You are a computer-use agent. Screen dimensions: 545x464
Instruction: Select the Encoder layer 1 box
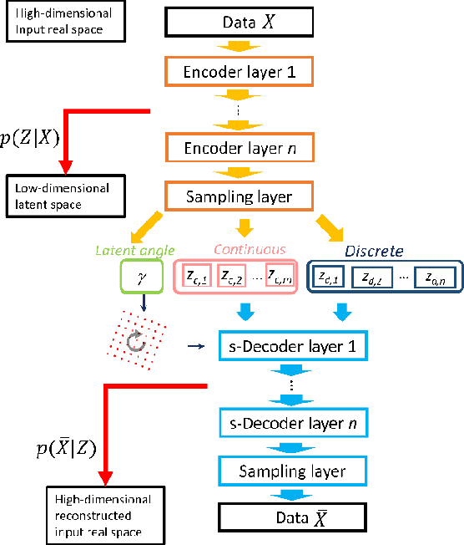click(240, 71)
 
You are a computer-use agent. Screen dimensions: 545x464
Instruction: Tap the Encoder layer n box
click(240, 148)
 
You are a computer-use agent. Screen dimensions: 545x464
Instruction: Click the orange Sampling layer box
click(240, 196)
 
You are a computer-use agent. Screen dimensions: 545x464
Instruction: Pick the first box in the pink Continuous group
click(196, 275)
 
